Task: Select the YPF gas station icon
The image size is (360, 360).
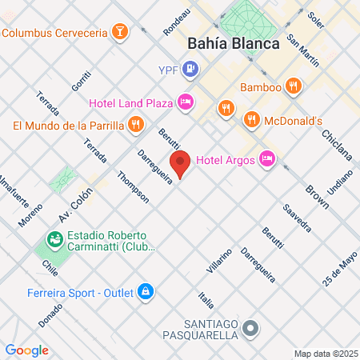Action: pyautogui.click(x=190, y=69)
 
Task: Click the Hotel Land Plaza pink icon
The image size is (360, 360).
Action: pyautogui.click(x=186, y=102)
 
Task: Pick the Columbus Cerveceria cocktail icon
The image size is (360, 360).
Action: pyautogui.click(x=118, y=33)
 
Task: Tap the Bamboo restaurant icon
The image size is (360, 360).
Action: pyautogui.click(x=294, y=85)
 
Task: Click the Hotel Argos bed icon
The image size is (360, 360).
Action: pyautogui.click(x=267, y=159)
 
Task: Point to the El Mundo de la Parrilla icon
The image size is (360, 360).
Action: pyautogui.click(x=135, y=125)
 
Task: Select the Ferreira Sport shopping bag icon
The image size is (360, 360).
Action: pyautogui.click(x=145, y=290)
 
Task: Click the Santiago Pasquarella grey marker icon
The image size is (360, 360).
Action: pyautogui.click(x=251, y=328)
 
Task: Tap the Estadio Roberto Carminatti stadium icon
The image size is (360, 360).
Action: pyautogui.click(x=55, y=238)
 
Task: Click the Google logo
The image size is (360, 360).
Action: pyautogui.click(x=26, y=350)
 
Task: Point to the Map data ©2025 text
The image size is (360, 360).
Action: pyautogui.click(x=326, y=354)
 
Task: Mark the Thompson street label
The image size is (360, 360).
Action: pyautogui.click(x=132, y=186)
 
